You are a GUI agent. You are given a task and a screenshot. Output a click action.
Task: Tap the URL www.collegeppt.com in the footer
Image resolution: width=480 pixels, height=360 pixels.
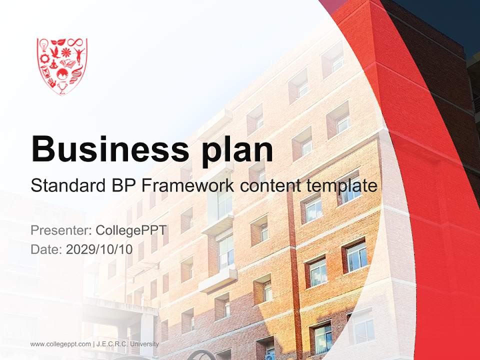(60, 344)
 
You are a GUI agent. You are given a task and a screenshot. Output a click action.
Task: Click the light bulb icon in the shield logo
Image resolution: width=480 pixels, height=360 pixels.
(44, 45)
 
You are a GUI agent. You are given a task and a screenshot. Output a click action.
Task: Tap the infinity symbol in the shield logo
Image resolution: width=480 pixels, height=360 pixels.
(75, 42)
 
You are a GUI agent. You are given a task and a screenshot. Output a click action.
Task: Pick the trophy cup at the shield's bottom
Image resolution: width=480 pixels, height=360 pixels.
(62, 88)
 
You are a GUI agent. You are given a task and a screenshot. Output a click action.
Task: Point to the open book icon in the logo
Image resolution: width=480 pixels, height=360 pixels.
(67, 63)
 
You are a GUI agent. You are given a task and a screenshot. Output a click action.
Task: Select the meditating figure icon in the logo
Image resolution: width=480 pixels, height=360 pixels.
(53, 65)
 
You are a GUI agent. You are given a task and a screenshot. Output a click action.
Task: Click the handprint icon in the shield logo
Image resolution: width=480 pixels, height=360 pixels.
(52, 83)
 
